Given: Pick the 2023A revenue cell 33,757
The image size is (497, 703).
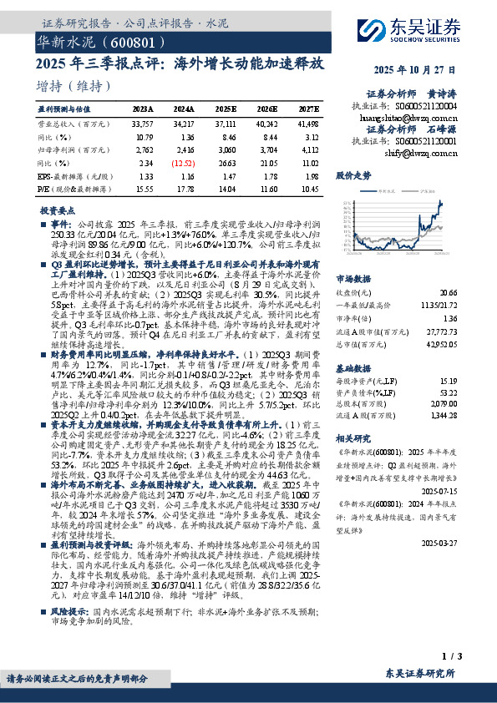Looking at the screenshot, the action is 143,122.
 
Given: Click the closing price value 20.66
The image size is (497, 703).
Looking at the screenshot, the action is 449,293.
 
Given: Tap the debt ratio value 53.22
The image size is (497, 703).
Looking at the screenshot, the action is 449,393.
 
